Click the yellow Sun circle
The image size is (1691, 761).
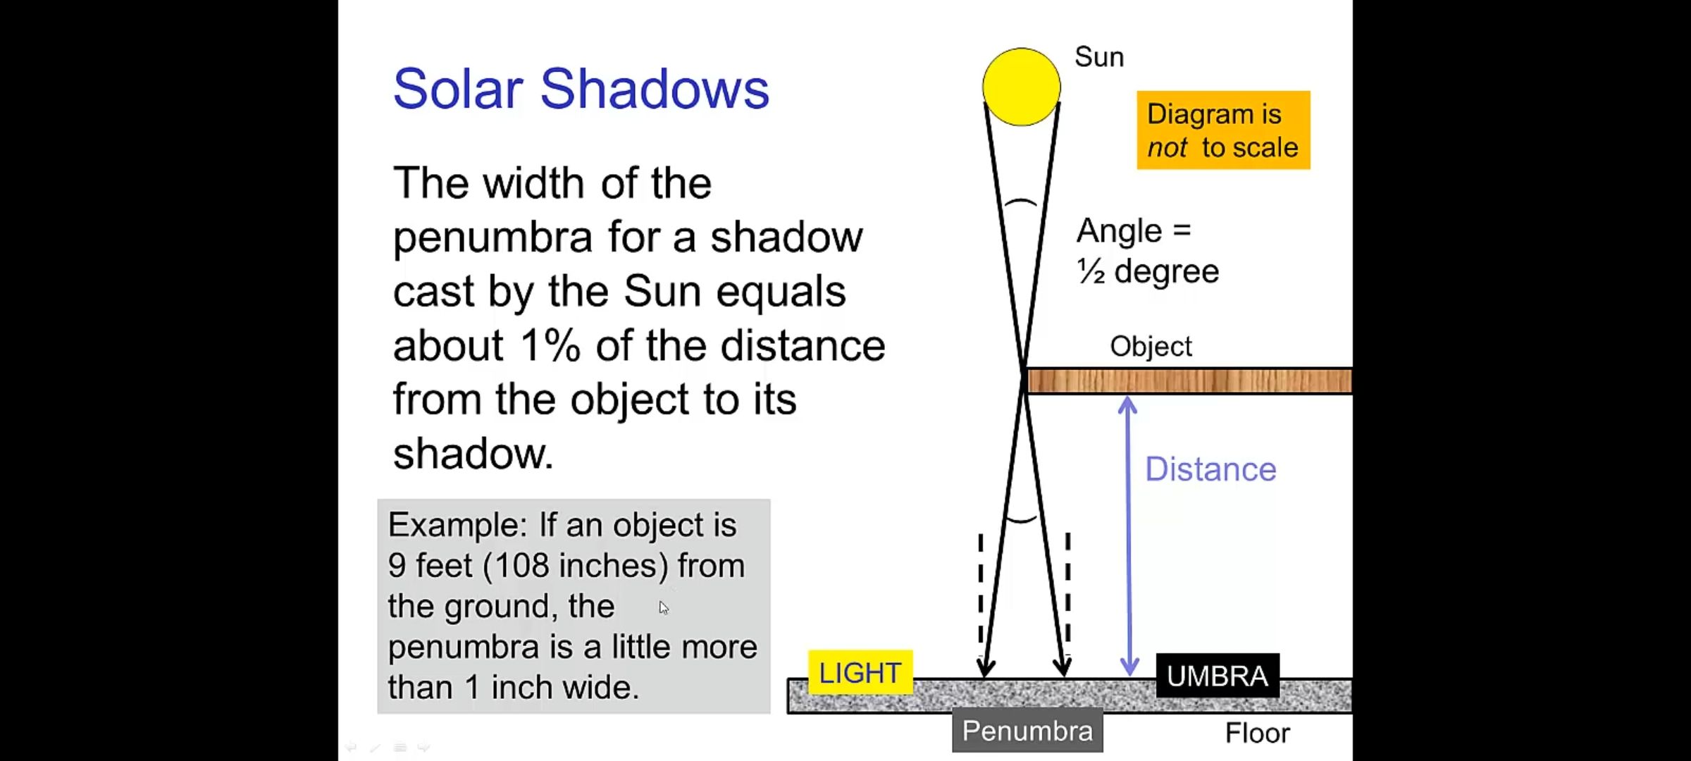pyautogui.click(x=1021, y=87)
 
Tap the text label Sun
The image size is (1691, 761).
pyautogui.click(x=1099, y=57)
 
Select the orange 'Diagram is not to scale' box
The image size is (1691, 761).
pyautogui.click(x=1223, y=130)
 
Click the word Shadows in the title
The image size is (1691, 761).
pyautogui.click(x=655, y=89)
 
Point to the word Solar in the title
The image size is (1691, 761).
pyautogui.click(x=458, y=89)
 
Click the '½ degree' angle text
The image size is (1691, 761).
pyautogui.click(x=1148, y=271)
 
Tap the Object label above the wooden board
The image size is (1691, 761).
pyautogui.click(x=1151, y=347)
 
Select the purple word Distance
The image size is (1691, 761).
pyautogui.click(x=1210, y=469)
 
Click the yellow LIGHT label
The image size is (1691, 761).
pyautogui.click(x=860, y=673)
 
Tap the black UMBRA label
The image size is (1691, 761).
pyautogui.click(x=1218, y=676)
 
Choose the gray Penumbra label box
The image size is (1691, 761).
pyautogui.click(x=1027, y=731)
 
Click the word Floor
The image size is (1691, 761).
pyautogui.click(x=1258, y=734)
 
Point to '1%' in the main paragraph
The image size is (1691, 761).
pyautogui.click(x=550, y=346)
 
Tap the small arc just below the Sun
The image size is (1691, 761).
pyautogui.click(x=1020, y=203)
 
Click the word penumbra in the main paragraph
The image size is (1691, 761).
pyautogui.click(x=493, y=237)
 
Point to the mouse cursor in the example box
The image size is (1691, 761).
pyautogui.click(x=663, y=607)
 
